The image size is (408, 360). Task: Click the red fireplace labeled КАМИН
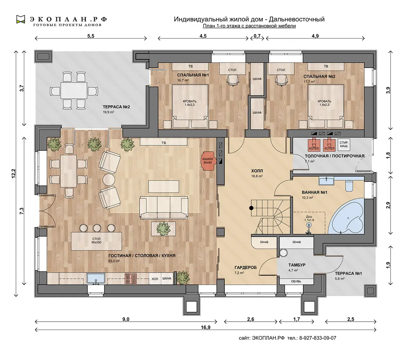208,161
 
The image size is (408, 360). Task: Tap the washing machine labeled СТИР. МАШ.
344,144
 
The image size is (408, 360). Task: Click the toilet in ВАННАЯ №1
349,185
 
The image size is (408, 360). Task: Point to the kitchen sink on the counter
96,278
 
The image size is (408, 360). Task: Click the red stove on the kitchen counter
131,278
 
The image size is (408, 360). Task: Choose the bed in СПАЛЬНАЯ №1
190,106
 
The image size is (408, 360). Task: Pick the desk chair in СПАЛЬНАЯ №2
281,80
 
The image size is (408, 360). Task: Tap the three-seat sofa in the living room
164,208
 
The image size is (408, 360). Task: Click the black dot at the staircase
251,208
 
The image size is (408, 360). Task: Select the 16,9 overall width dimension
206,327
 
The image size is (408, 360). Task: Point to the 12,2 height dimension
14,174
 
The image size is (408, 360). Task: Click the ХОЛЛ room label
257,171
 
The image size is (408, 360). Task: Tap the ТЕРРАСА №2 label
116,107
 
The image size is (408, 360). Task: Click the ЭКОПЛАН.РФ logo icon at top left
21,19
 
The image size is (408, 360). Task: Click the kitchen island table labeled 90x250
97,241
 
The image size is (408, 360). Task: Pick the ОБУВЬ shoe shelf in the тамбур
296,281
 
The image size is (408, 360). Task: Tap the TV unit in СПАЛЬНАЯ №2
326,67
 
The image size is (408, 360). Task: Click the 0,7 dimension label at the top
257,36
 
